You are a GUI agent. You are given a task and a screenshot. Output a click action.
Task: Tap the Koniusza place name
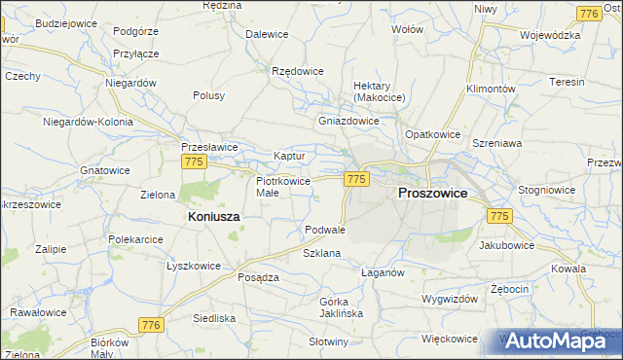(207, 218)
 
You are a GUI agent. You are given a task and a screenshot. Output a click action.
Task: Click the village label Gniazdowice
(348, 122)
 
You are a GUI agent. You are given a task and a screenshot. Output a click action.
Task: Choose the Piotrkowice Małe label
(282, 187)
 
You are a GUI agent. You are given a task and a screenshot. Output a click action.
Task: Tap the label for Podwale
(325, 230)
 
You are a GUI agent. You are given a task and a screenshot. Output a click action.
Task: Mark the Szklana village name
(321, 253)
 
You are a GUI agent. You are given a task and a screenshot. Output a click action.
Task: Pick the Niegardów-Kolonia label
(87, 122)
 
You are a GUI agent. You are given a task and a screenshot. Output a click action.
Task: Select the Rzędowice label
(297, 71)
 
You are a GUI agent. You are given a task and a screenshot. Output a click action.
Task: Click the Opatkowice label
(432, 133)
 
